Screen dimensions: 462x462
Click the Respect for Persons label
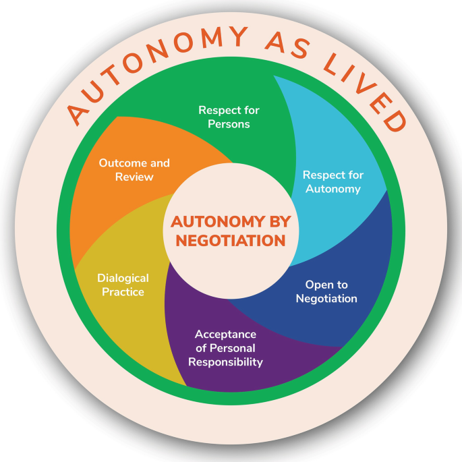click(229, 117)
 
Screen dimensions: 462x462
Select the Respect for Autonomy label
click(334, 181)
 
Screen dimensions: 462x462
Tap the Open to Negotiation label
click(326, 291)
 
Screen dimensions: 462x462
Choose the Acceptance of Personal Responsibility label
click(225, 347)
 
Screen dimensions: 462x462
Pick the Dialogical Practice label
click(123, 285)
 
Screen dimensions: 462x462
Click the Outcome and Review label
click(134, 170)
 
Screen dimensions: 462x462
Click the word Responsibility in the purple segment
click(225, 362)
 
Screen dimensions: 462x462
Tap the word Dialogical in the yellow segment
click(123, 278)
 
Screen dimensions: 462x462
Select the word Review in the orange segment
click(134, 177)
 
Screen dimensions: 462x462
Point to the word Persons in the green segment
click(229, 124)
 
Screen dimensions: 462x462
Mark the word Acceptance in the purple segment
click(225, 334)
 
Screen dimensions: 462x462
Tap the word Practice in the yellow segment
click(123, 292)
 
